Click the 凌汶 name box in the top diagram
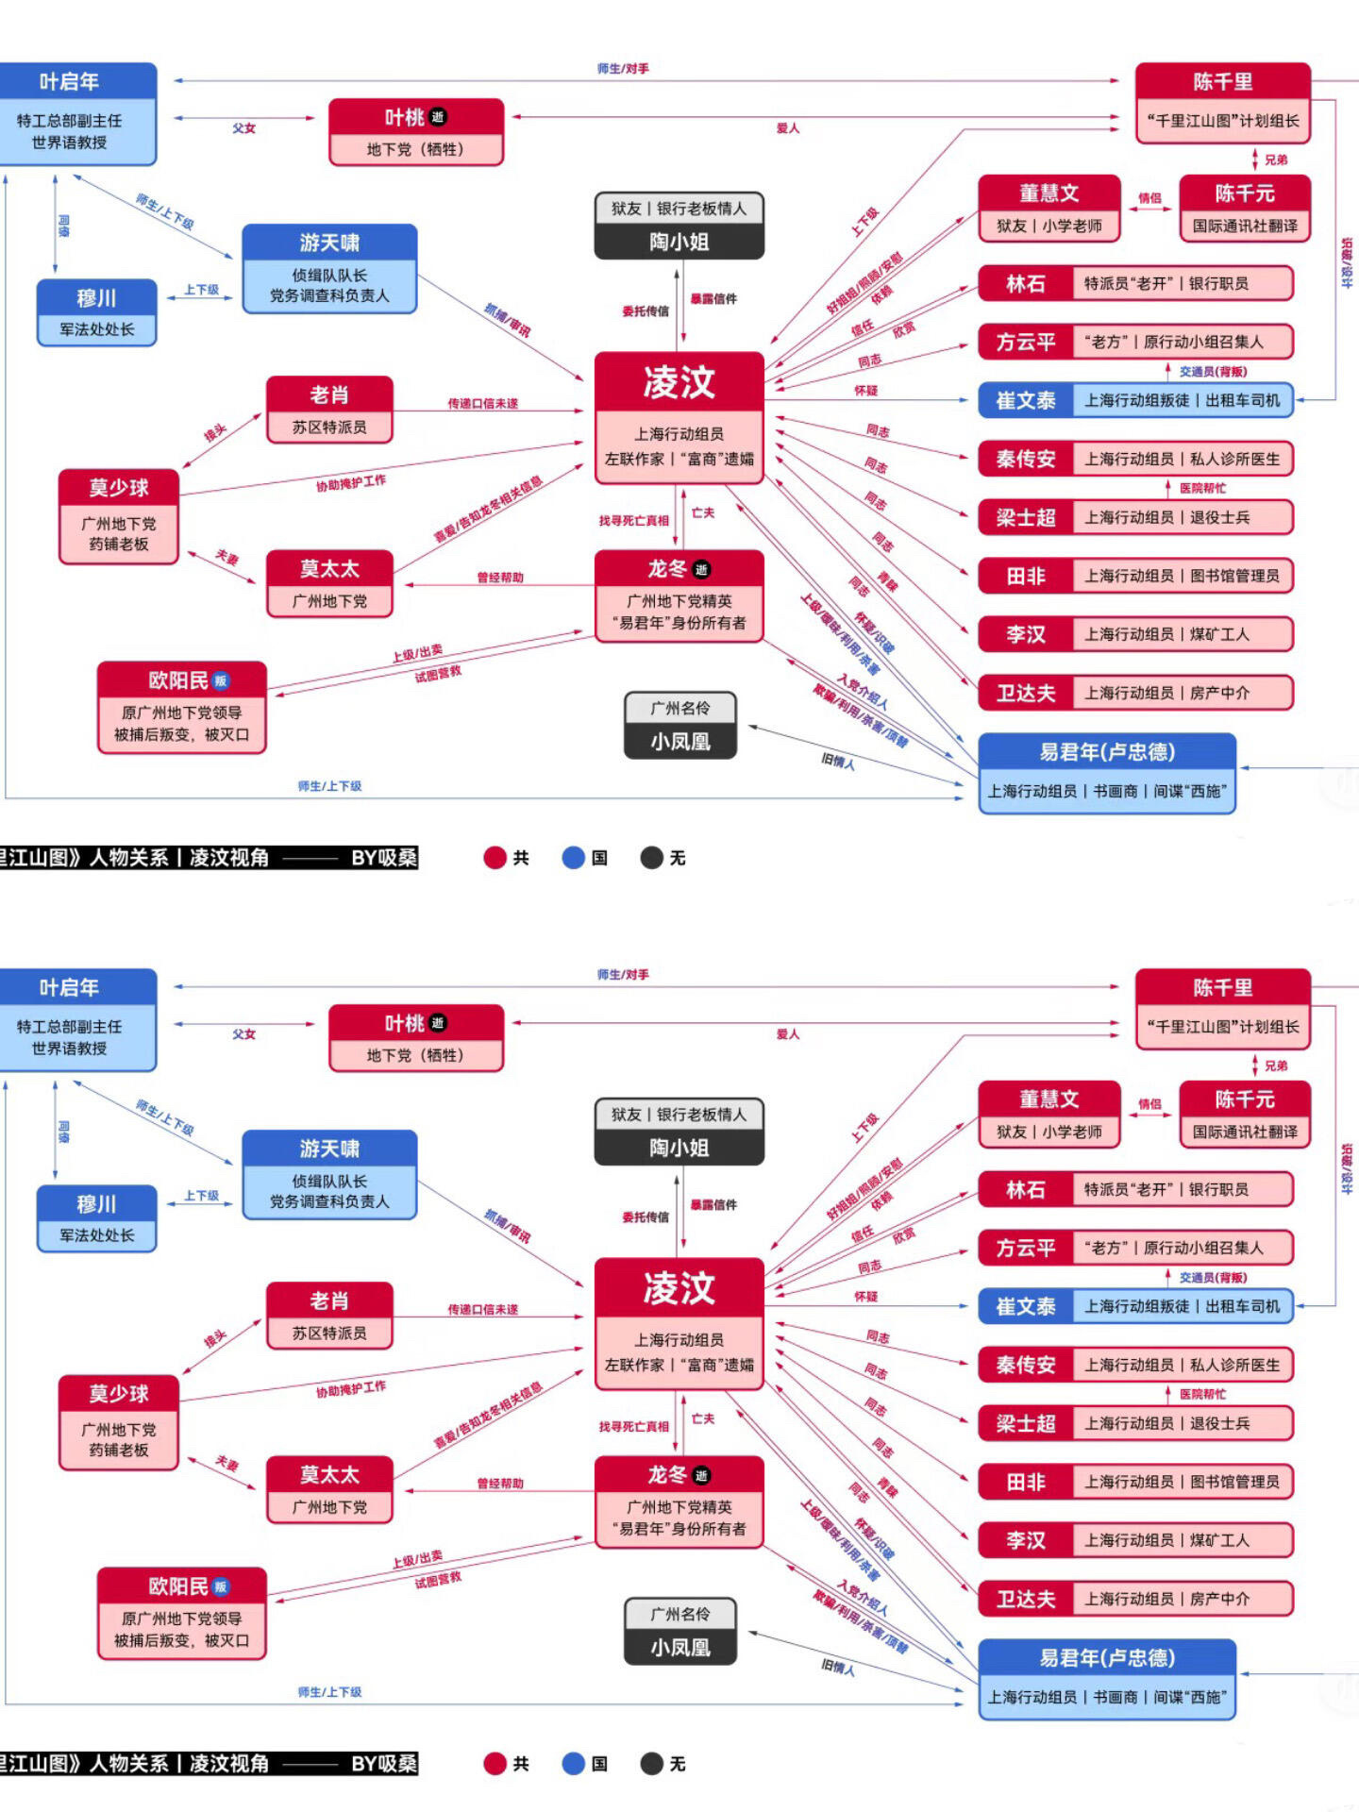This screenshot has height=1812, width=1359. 679,383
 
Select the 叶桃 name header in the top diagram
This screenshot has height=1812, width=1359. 415,118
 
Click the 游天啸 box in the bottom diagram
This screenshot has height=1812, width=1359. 329,1174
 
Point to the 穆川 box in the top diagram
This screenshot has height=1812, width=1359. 96,312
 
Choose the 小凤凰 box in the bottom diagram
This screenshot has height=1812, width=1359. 679,1631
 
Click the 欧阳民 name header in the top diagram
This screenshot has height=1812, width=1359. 181,680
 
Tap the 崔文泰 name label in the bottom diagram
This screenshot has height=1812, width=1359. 1026,1307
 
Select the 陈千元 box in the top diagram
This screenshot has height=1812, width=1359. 1245,208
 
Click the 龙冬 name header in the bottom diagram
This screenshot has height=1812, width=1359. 678,1475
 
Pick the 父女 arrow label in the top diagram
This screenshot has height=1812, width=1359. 244,127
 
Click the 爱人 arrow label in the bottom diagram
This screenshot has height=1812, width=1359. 787,1034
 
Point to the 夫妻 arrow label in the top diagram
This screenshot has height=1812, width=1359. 226,557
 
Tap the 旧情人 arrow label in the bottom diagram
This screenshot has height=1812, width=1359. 838,1669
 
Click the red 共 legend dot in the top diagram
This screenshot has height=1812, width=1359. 495,857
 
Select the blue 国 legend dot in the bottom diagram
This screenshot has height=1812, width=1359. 574,1763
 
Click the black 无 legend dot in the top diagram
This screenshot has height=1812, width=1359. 651,857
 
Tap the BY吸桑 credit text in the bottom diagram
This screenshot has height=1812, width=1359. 383,1763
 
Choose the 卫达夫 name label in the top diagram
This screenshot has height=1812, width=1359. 1026,694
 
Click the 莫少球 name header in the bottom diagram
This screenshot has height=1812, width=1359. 118,1394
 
